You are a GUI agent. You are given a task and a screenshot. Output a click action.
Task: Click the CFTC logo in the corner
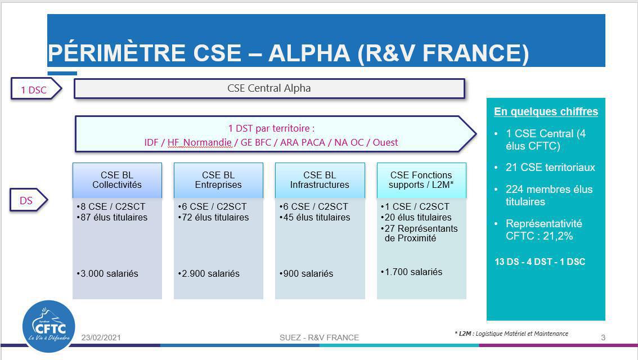48,326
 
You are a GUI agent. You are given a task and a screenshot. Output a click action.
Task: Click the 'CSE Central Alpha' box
269,88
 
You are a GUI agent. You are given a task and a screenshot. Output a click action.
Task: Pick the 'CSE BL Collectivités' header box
117,180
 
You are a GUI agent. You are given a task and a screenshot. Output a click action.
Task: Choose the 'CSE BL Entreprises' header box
218,180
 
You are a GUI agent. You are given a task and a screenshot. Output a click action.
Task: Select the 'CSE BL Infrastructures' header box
320,180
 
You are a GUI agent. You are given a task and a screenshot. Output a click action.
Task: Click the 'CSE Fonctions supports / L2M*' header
421,180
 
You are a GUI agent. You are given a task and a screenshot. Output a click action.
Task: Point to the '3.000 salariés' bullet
109,274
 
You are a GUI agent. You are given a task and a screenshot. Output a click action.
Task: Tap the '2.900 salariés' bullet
210,274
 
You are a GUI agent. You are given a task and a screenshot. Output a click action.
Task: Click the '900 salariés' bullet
307,274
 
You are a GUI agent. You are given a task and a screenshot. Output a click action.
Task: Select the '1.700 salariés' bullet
412,272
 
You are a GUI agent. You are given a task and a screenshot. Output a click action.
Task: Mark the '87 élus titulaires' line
113,218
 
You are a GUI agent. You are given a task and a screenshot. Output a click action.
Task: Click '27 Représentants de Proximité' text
421,233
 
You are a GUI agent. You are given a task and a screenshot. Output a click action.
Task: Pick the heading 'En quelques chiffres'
546,112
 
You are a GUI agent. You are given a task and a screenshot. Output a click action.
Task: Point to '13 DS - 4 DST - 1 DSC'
540,262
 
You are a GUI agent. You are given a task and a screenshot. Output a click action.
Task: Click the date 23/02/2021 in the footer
101,337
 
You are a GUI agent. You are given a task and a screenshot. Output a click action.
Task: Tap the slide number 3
603,337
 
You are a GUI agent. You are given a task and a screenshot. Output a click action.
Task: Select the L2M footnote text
511,334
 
